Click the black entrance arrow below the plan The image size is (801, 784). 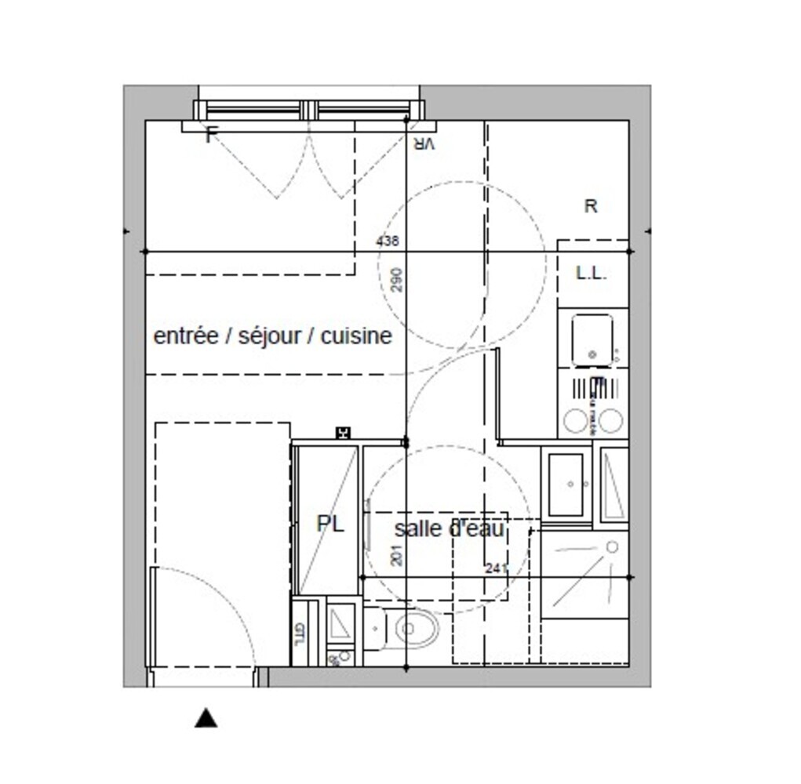pos(206,717)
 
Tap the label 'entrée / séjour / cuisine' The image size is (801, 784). pos(272,336)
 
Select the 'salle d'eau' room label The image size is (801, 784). pos(449,529)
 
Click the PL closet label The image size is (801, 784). pos(330,524)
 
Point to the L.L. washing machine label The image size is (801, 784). pos(591,274)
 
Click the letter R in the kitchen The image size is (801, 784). pos(591,206)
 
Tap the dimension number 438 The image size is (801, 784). pos(388,241)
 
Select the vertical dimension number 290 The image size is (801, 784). pos(396,281)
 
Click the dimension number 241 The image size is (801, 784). pos(496,568)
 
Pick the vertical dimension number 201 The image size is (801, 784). pos(396,555)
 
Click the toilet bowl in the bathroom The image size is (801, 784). pos(415,629)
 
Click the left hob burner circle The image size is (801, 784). pos(576,421)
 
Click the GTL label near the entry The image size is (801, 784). pos(299,633)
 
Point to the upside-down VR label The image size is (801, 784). pos(424,143)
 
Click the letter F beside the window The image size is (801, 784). pos(209,136)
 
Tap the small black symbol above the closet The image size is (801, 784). pos(342,432)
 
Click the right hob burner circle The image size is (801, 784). pos(610,421)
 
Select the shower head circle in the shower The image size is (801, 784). pos(612,546)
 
